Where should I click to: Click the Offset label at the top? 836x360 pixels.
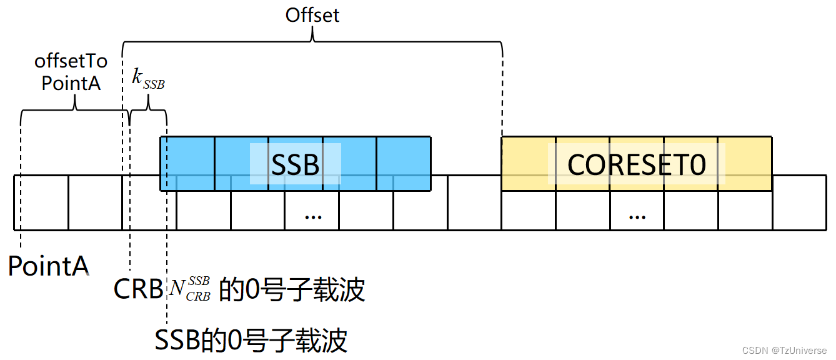(x=312, y=15)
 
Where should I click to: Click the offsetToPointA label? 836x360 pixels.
(x=71, y=72)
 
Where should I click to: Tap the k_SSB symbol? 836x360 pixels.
(x=148, y=79)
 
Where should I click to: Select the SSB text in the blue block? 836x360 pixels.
(x=295, y=164)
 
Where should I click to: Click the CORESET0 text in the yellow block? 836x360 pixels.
(x=636, y=164)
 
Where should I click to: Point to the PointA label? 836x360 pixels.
(x=48, y=266)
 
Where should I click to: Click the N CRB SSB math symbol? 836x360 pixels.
(x=190, y=289)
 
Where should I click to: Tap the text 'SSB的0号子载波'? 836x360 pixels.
(x=251, y=341)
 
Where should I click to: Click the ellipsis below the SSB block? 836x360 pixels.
(x=312, y=216)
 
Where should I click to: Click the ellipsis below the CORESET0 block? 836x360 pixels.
(x=637, y=216)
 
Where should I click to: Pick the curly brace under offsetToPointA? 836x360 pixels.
(x=74, y=109)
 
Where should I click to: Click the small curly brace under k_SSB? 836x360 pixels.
(x=148, y=109)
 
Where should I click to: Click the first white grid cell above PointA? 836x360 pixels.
(x=41, y=202)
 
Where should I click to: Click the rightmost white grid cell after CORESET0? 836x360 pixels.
(x=799, y=202)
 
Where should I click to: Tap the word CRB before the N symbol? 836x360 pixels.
(x=138, y=289)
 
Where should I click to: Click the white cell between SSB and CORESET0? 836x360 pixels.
(x=474, y=202)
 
